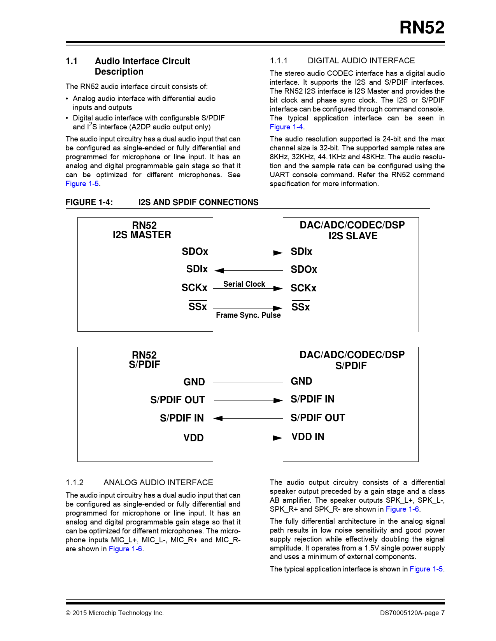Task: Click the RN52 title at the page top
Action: tap(422, 28)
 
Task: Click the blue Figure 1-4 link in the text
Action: tap(286, 127)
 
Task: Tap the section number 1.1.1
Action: tap(279, 61)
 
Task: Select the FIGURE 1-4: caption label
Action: tap(89, 202)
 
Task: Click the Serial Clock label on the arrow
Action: tap(244, 284)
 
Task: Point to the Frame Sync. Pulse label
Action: tap(248, 315)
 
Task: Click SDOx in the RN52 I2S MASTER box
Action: tap(195, 252)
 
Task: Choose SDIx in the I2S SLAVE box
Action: tap(301, 252)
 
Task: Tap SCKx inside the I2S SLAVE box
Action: tap(303, 288)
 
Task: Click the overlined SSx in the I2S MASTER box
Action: tap(198, 307)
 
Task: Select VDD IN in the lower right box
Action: tap(308, 437)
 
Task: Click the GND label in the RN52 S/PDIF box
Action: tap(194, 382)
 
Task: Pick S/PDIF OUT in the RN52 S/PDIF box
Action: tap(177, 400)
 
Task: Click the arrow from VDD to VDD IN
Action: tap(248, 438)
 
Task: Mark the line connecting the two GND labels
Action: tap(248, 383)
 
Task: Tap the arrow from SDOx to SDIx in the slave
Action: tap(248, 253)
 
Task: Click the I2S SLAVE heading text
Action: tap(353, 236)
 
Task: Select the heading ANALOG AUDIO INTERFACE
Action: tap(158, 482)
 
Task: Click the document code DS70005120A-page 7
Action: tap(412, 613)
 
